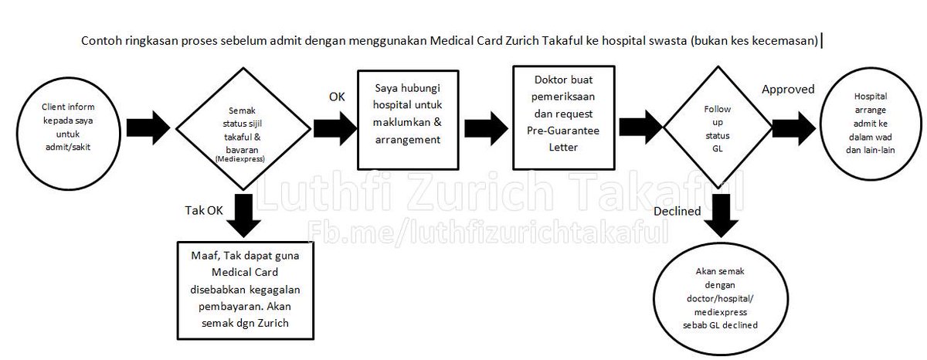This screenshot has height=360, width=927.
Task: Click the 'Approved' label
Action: (x=788, y=89)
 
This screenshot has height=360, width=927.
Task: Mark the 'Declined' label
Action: (x=677, y=211)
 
